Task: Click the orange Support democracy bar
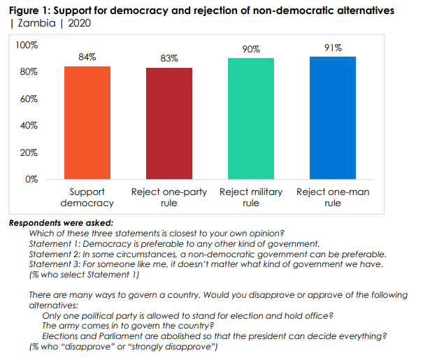[87, 122]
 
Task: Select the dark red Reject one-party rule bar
[169, 123]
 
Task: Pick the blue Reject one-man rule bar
[332, 117]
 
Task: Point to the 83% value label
[169, 59]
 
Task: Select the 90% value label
[251, 49]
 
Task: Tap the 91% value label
[333, 48]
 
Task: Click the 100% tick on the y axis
[27, 45]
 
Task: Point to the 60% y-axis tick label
[29, 99]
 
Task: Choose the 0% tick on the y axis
[31, 179]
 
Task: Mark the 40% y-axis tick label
[29, 126]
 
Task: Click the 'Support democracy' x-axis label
[87, 197]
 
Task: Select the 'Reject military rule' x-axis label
[251, 197]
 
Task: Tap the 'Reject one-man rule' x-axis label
[333, 197]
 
